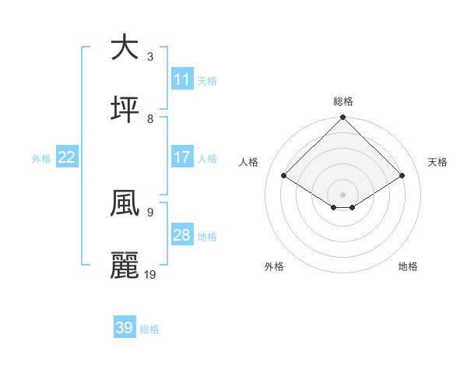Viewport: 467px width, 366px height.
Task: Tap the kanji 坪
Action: tap(125, 110)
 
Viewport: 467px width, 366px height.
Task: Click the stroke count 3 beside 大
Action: tap(150, 56)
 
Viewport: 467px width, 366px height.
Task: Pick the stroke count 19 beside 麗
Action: tap(151, 275)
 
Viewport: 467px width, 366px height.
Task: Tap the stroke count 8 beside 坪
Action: tap(150, 118)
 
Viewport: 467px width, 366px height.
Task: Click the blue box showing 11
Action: tap(182, 79)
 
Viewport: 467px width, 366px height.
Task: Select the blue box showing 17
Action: tap(182, 157)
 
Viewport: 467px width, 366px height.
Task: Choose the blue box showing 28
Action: tap(182, 235)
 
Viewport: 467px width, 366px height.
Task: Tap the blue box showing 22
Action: tap(67, 157)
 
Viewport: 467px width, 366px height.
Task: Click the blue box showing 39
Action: tap(125, 328)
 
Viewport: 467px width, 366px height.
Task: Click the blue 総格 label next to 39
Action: tap(149, 329)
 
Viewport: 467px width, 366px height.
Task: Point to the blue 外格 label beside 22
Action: tap(41, 159)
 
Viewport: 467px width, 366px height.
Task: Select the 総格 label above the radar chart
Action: tap(343, 101)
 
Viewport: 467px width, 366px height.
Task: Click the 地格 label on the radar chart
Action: tap(408, 266)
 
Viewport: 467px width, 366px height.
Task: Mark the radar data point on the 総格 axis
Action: tap(343, 118)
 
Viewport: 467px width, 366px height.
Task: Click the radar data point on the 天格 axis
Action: tap(402, 176)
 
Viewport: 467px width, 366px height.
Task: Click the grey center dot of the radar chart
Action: tap(343, 194)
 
